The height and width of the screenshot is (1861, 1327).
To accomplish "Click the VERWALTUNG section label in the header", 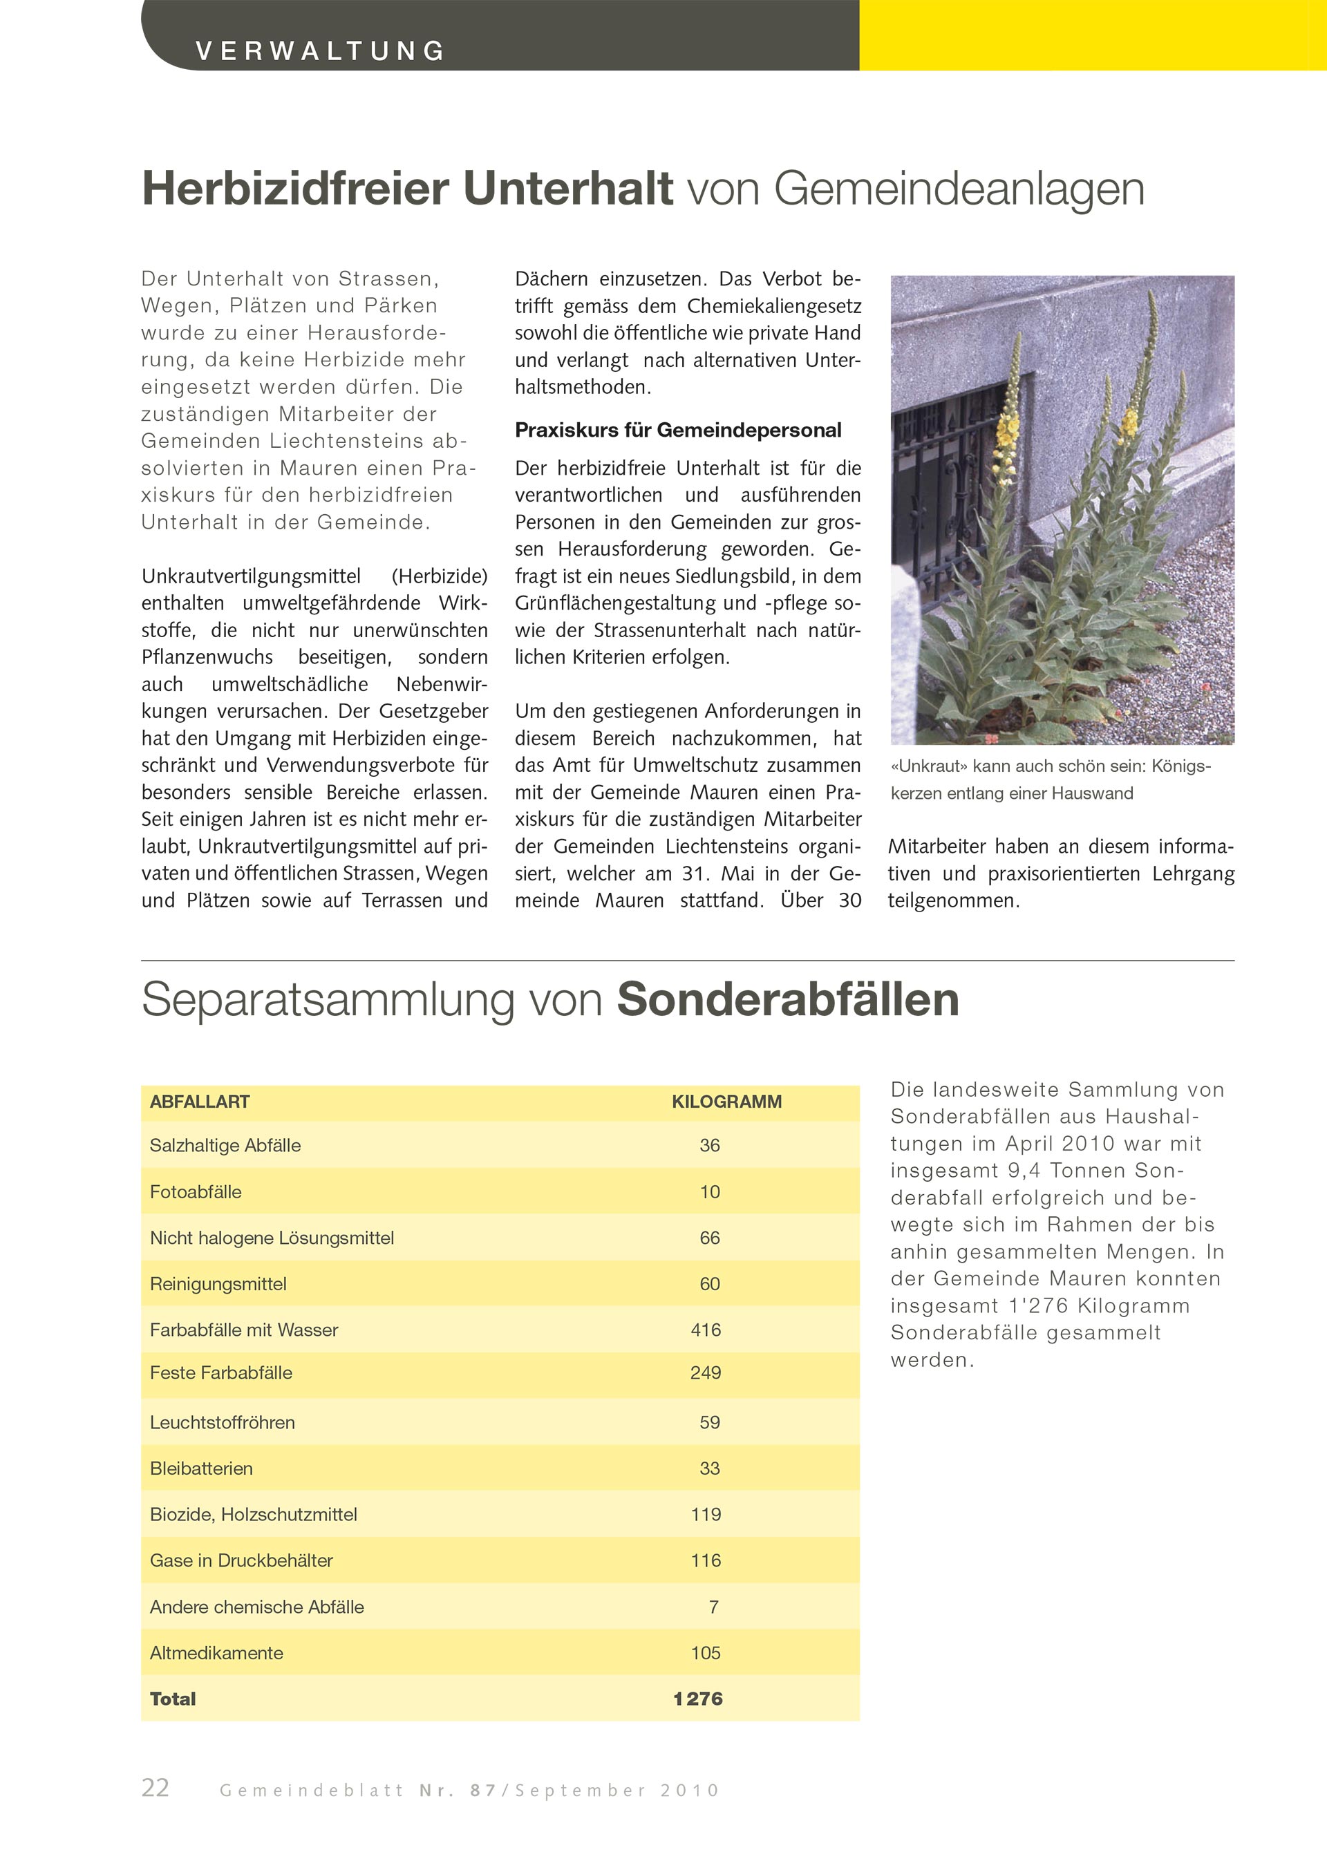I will pos(320,51).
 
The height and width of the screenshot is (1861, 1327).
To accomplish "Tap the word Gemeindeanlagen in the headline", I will pos(959,189).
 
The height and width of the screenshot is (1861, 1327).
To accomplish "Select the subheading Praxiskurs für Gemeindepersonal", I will pos(677,431).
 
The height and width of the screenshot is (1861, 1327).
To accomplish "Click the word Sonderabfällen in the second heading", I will pos(788,999).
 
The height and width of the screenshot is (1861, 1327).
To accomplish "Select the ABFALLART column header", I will pos(199,1102).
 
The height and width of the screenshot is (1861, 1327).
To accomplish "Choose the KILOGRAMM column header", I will pos(726,1102).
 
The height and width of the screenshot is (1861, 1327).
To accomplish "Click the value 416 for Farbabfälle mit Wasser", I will pos(705,1330).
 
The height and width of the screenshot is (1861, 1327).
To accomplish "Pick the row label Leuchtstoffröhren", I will pos(223,1422).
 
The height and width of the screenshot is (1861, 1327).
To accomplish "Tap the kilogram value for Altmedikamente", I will pos(705,1653).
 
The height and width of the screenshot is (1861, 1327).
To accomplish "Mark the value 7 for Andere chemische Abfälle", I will pos(713,1607).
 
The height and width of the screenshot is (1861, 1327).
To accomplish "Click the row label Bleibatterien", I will pos(201,1468).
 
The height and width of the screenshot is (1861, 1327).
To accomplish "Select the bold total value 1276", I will pos(698,1699).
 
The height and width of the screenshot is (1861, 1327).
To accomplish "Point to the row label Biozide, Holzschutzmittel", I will pos(254,1515).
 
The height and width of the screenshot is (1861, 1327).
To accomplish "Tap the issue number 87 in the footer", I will pos(484,1791).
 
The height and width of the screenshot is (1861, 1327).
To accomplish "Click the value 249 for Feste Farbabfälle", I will pos(705,1372).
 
